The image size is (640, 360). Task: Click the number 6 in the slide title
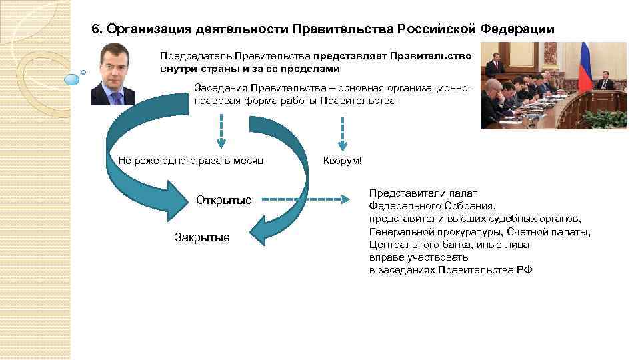click(x=95, y=30)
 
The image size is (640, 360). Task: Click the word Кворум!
click(x=343, y=161)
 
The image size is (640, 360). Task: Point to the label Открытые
click(x=224, y=200)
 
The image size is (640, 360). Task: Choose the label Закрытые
click(x=201, y=237)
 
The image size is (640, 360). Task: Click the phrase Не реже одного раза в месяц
click(x=191, y=161)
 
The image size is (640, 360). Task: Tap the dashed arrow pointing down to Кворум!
click(x=343, y=133)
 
